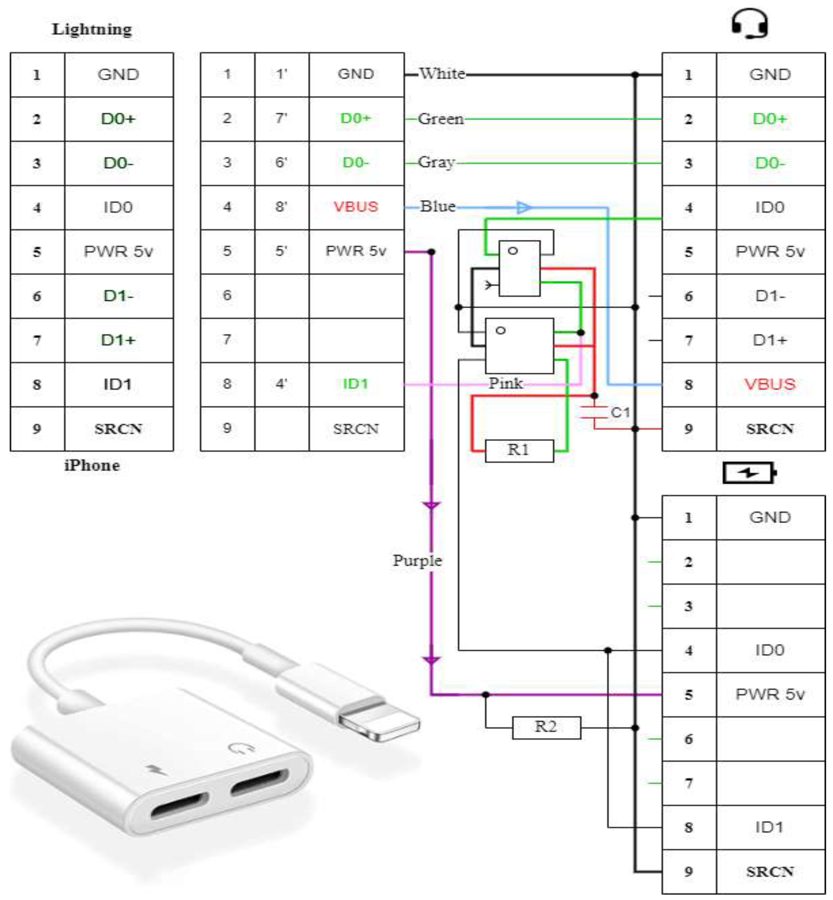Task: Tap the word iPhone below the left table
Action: coord(92,465)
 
